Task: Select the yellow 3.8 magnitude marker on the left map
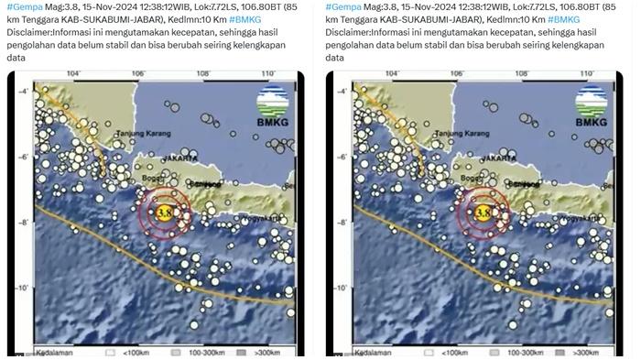164,213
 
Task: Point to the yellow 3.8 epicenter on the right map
483,213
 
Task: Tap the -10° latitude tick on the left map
23,288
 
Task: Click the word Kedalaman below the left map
54,351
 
